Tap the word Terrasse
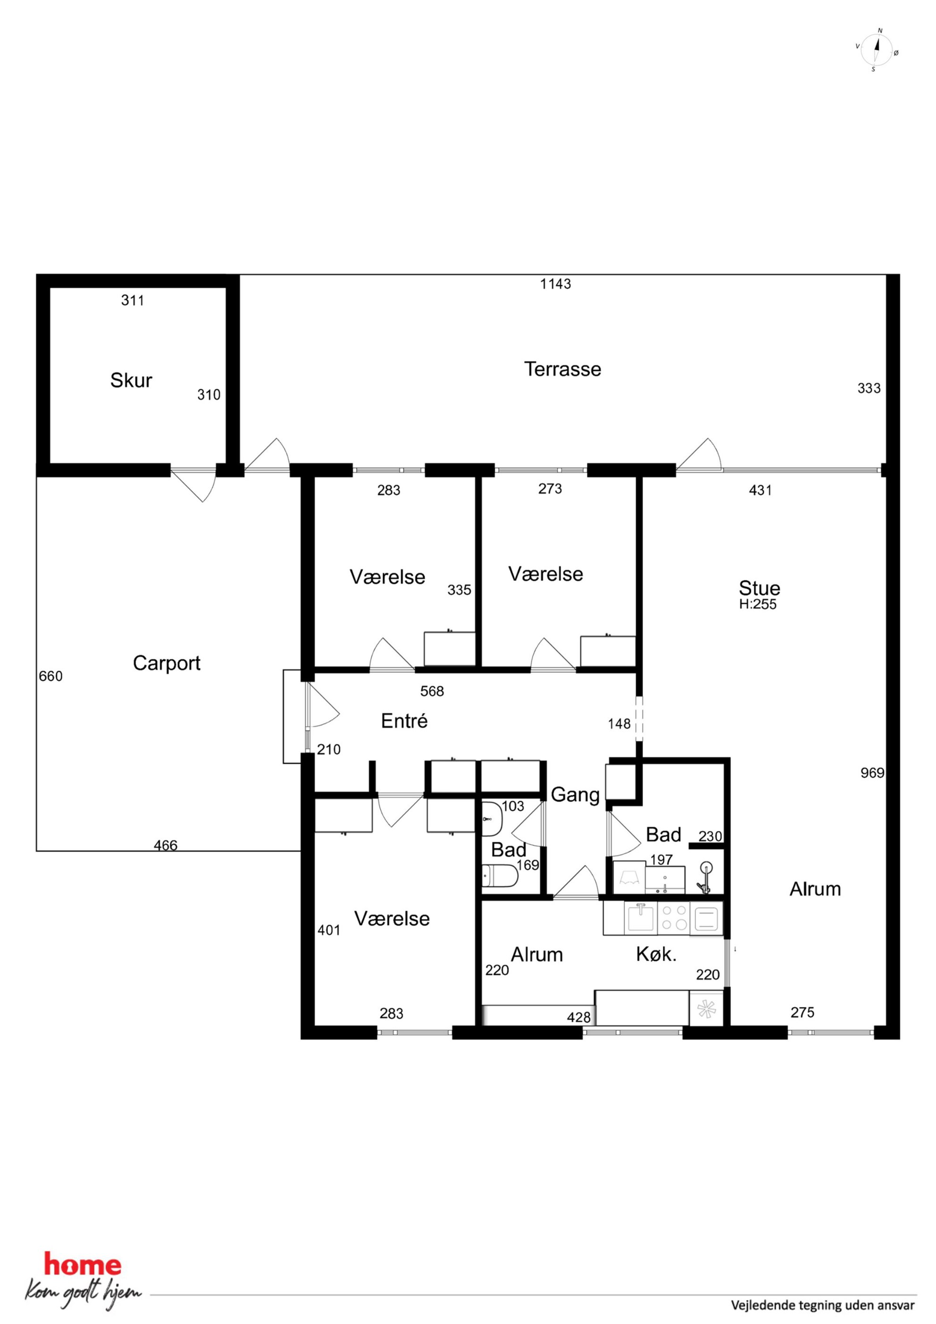pyautogui.click(x=562, y=369)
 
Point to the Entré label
pyautogui.click(x=404, y=721)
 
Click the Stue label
pyautogui.click(x=760, y=588)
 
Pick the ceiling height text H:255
pyautogui.click(x=758, y=604)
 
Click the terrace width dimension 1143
pyautogui.click(x=555, y=284)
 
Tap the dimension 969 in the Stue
pyautogui.click(x=872, y=773)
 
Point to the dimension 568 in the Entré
pyautogui.click(x=432, y=691)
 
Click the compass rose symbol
pyautogui.click(x=877, y=50)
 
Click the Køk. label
pyautogui.click(x=656, y=955)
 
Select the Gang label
pyautogui.click(x=575, y=795)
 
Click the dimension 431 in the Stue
pyautogui.click(x=760, y=490)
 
